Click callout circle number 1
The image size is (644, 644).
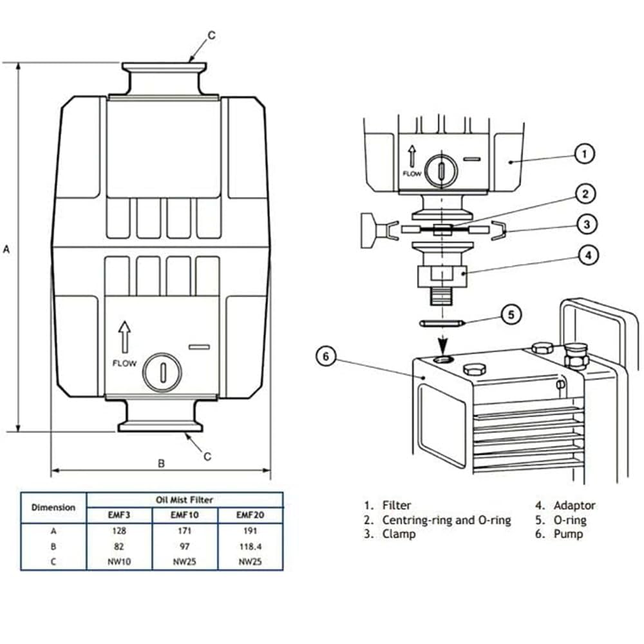tap(584, 154)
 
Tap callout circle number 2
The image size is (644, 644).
tap(585, 194)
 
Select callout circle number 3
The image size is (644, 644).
tap(587, 224)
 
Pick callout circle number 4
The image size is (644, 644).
tap(588, 255)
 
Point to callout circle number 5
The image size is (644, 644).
tap(511, 315)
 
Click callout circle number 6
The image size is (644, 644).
tap(326, 356)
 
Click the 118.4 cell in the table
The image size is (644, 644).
tap(250, 547)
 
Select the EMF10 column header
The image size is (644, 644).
tap(185, 515)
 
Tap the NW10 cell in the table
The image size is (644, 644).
tap(119, 562)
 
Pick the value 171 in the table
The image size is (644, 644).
tap(184, 531)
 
